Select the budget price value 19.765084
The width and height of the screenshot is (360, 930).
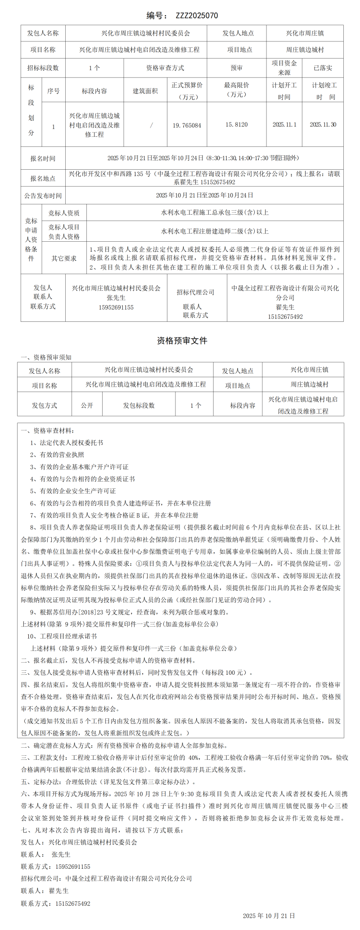[187, 125]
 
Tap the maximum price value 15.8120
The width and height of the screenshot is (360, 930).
[237, 125]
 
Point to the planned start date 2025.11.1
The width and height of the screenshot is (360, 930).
[284, 125]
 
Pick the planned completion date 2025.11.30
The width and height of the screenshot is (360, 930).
[323, 125]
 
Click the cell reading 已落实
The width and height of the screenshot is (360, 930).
[323, 68]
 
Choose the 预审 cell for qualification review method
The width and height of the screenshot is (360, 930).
[237, 68]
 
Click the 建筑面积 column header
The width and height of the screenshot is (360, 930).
[145, 91]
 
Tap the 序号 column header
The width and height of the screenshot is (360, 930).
[54, 91]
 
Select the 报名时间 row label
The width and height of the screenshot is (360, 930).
[43, 158]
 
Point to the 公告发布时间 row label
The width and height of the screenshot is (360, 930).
[43, 196]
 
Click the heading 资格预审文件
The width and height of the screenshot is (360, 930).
[182, 341]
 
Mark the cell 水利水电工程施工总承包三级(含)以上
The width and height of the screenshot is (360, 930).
[215, 212]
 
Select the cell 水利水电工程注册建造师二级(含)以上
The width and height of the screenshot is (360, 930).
[215, 231]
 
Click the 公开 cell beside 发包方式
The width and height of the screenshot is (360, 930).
[87, 405]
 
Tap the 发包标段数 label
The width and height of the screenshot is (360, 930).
[139, 405]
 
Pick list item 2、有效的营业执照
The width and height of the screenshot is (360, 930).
[57, 455]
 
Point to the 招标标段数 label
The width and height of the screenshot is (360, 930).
[43, 68]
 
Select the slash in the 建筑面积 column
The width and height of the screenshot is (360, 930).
[151, 125]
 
